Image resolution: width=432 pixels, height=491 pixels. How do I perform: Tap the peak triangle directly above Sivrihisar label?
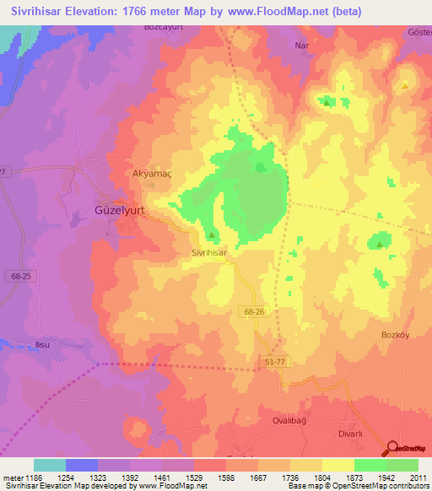click(x=212, y=235)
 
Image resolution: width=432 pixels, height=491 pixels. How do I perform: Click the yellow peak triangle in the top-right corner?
click(x=405, y=85)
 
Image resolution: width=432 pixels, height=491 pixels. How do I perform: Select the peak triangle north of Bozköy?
click(x=380, y=245)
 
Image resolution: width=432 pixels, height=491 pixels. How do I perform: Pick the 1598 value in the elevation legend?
click(x=226, y=478)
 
